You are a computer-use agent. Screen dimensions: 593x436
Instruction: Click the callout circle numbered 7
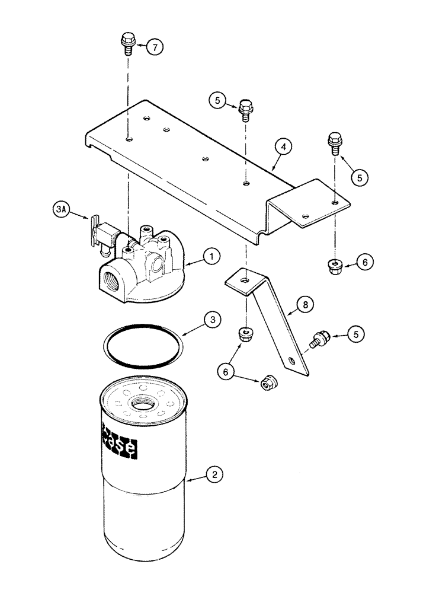click(x=155, y=47)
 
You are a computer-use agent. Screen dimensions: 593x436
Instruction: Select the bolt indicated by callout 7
click(x=126, y=43)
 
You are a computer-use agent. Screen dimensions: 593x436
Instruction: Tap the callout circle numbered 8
click(x=305, y=305)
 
